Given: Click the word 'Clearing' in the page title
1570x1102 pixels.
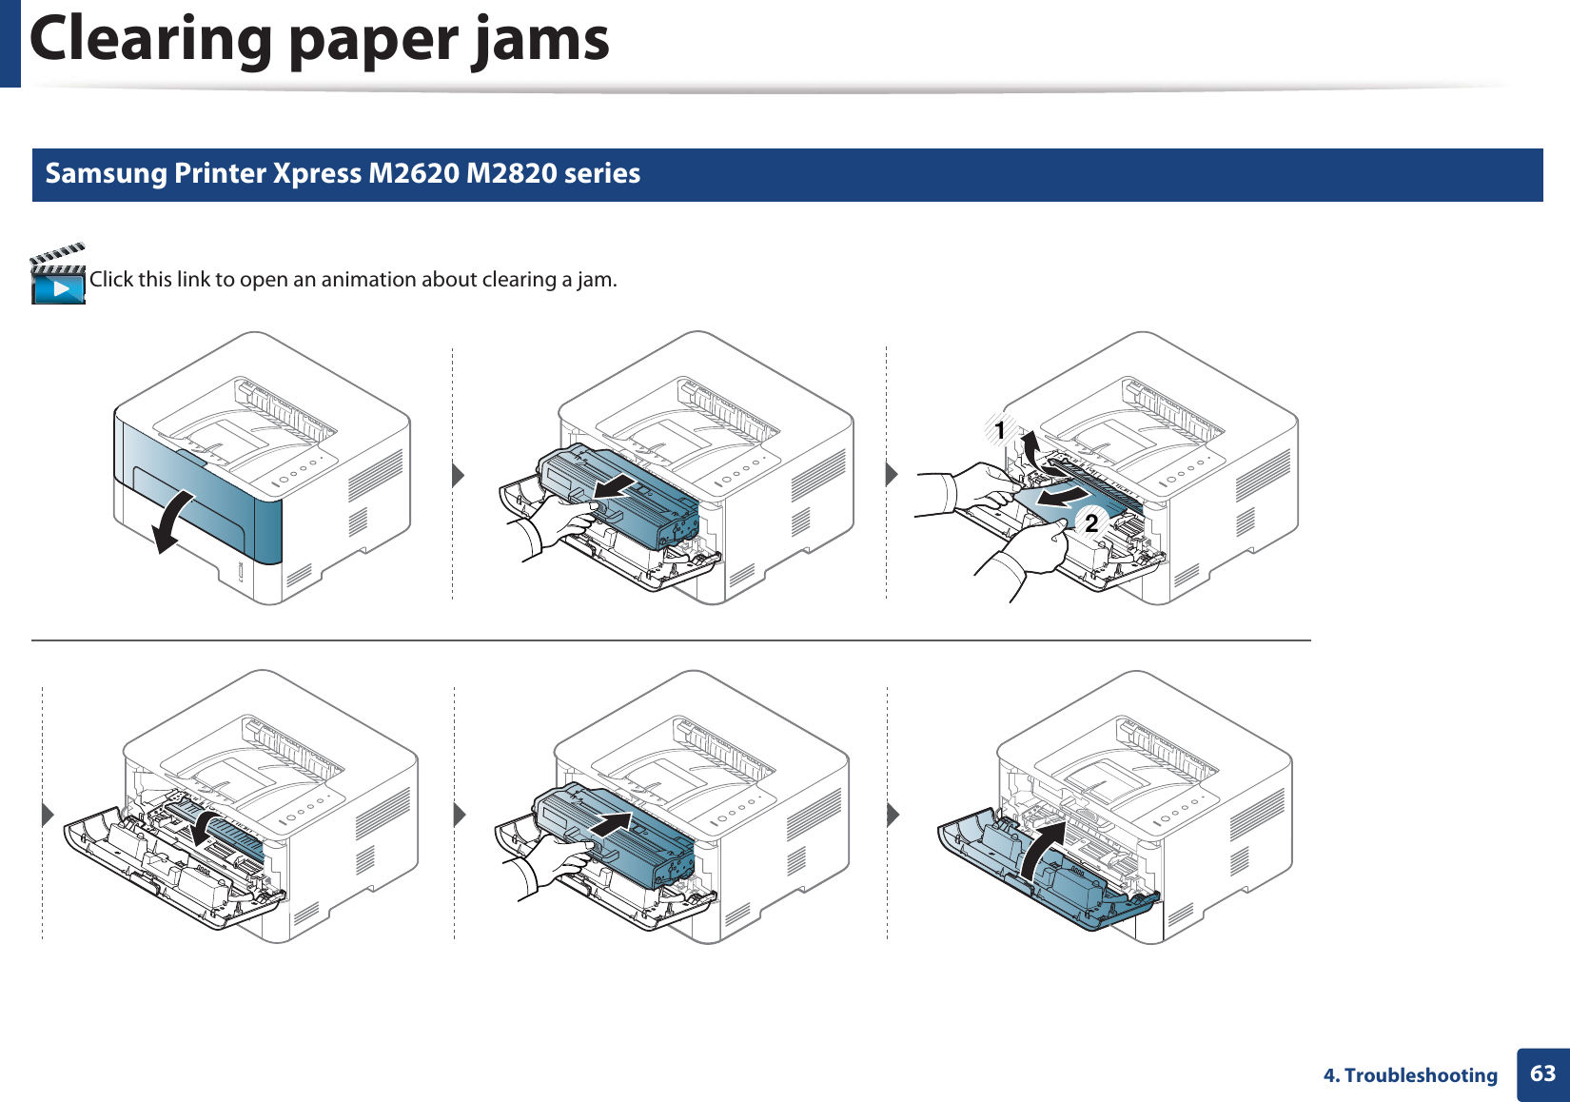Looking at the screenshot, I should [x=150, y=40].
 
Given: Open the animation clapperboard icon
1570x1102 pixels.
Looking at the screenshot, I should [x=58, y=275].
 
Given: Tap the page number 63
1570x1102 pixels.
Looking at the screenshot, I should [x=1542, y=1073].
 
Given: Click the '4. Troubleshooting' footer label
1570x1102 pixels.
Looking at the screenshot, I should [x=1410, y=1075].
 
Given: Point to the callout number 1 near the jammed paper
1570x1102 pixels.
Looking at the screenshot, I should [x=1000, y=431].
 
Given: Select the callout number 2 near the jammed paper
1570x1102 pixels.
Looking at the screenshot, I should [x=1091, y=522].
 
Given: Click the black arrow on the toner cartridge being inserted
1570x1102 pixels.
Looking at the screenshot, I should [x=610, y=824].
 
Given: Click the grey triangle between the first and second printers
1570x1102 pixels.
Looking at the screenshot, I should [x=458, y=474].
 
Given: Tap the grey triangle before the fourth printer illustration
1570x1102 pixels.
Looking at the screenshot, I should [x=48, y=815].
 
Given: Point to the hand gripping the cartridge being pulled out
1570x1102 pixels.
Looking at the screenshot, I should [x=562, y=523].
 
